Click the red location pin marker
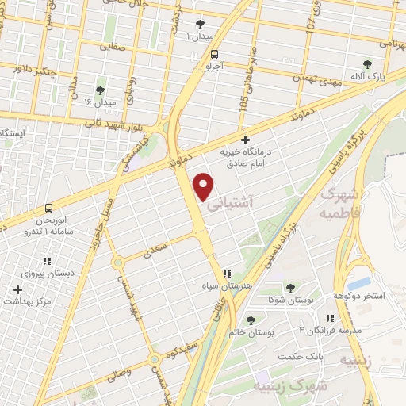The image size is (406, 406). pyautogui.click(x=205, y=186)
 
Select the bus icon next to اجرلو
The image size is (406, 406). pyautogui.click(x=215, y=54)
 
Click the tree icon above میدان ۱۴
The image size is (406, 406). pyautogui.click(x=100, y=91)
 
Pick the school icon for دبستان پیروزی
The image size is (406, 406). pyautogui.click(x=48, y=259)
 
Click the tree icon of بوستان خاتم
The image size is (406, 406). pyautogui.click(x=251, y=320)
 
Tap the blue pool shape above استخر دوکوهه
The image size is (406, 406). pyautogui.click(x=359, y=282)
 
